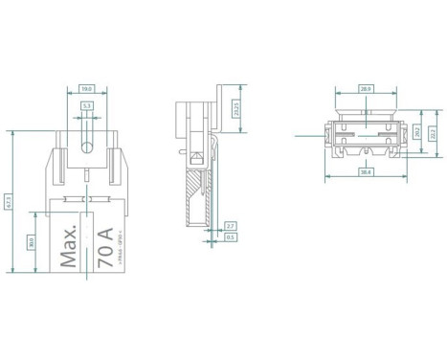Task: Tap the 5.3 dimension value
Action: point(87,106)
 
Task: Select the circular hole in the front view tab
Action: point(87,148)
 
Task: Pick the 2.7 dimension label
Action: point(230,225)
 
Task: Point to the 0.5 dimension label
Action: point(230,237)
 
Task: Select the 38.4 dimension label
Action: point(365,171)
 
